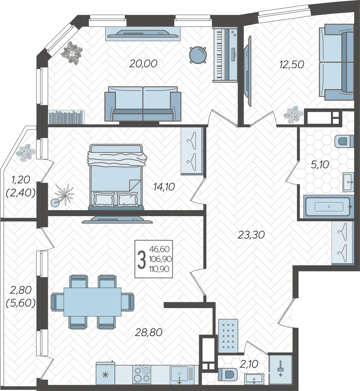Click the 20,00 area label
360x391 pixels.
point(143,64)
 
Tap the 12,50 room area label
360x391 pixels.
point(292,64)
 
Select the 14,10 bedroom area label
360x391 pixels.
point(164,186)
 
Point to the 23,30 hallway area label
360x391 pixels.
point(251,235)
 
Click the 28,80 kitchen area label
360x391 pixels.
point(149,332)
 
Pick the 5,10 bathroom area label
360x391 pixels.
point(320,165)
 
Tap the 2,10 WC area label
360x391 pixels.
point(249,364)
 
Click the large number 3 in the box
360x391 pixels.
point(142,260)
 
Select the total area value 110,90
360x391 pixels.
point(159,269)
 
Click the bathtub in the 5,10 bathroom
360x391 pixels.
point(329,206)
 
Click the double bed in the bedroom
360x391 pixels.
point(116,176)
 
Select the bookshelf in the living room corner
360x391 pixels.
point(67,117)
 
